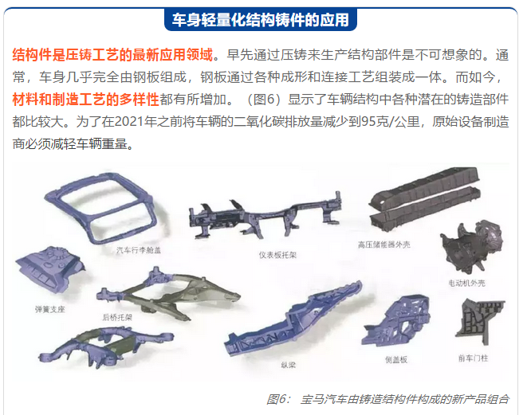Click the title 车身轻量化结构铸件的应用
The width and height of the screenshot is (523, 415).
click(261, 20)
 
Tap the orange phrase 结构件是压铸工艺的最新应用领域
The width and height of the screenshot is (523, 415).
click(112, 55)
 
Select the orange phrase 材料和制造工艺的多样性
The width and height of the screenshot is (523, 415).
click(86, 100)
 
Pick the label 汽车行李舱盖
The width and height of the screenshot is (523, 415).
click(139, 250)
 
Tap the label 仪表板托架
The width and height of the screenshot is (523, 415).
click(277, 256)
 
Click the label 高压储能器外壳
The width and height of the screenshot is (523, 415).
click(384, 245)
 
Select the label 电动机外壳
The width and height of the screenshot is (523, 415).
click(466, 284)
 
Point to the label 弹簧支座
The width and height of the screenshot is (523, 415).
click(50, 310)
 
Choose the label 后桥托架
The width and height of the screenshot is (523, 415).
click(117, 317)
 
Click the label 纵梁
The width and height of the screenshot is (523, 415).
click(288, 366)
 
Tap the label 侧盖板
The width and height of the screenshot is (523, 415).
click(396, 360)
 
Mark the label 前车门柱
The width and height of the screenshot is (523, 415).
click(473, 358)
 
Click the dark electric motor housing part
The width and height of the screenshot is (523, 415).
click(470, 246)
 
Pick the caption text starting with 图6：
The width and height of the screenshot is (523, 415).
click(387, 399)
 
